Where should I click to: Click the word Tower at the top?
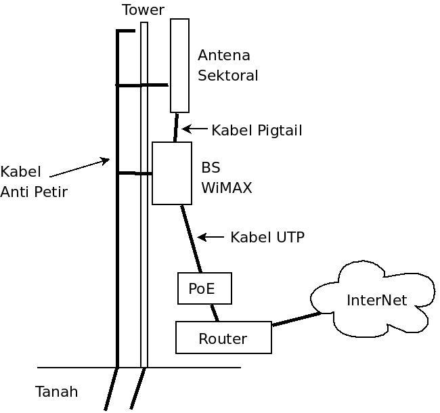[x=143, y=9]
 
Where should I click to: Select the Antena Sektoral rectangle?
[x=179, y=66]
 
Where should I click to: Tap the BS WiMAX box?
[x=172, y=173]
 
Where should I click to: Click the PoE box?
[x=204, y=288]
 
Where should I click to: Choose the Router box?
[x=223, y=338]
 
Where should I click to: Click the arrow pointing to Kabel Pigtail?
[x=194, y=129]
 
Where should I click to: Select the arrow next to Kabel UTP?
[x=211, y=237]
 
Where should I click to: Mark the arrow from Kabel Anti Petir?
[x=79, y=168]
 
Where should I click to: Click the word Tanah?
[x=56, y=391]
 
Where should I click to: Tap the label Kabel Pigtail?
[x=257, y=131]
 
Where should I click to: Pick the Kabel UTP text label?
[x=267, y=237]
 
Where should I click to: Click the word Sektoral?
[x=227, y=76]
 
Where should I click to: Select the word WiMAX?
[x=226, y=188]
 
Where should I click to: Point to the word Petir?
[x=49, y=192]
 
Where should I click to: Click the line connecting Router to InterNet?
[x=296, y=319]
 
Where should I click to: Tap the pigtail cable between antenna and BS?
[x=176, y=127]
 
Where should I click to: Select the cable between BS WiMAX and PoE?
[x=192, y=238]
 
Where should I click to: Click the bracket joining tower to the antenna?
[x=142, y=85]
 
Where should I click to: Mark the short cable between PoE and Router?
[x=215, y=313]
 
